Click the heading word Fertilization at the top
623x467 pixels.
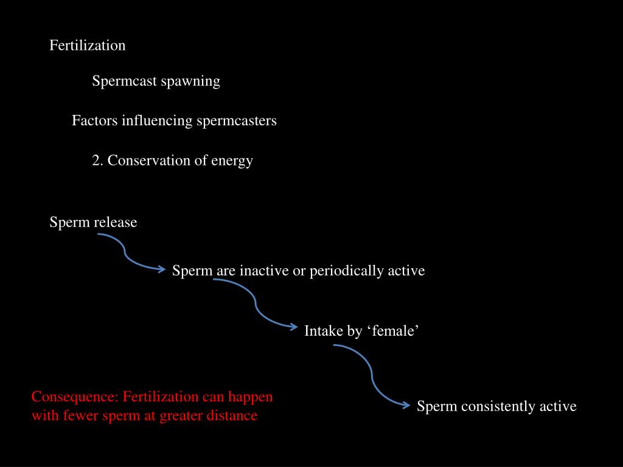[x=87, y=46]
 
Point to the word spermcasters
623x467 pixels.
[x=236, y=121]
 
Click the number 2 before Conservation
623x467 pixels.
[x=96, y=161]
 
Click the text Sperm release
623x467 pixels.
[x=93, y=223]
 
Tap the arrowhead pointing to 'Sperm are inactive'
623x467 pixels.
[x=162, y=269]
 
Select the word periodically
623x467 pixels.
[x=347, y=271]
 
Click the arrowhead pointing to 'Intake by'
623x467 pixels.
[x=294, y=327]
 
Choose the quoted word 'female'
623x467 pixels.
[x=393, y=331]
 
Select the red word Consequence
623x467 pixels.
[x=74, y=398]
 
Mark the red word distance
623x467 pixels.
[x=231, y=417]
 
